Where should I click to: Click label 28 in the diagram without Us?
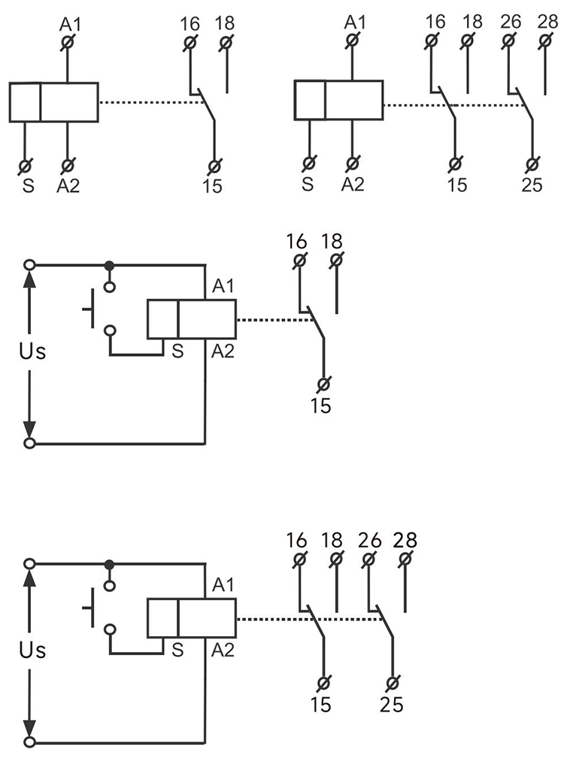(x=547, y=21)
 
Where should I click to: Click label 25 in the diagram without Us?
(x=532, y=185)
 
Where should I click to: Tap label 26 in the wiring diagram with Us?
(x=370, y=541)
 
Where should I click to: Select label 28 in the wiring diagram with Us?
(x=405, y=541)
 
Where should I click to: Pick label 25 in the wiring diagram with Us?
(x=391, y=705)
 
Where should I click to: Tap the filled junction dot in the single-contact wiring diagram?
(x=110, y=265)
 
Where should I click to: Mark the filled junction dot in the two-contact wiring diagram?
(x=110, y=564)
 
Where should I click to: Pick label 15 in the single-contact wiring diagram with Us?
(x=321, y=406)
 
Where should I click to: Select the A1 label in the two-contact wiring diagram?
(x=223, y=584)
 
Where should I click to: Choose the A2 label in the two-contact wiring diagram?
(x=223, y=648)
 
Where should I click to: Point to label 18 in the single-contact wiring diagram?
(x=333, y=242)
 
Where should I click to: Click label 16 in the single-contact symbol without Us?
(x=190, y=21)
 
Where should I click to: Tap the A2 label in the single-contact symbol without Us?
(x=68, y=185)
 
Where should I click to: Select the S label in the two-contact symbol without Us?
(x=307, y=185)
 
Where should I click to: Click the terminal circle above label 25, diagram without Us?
(x=532, y=163)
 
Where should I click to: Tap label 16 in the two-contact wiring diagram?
(x=297, y=541)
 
